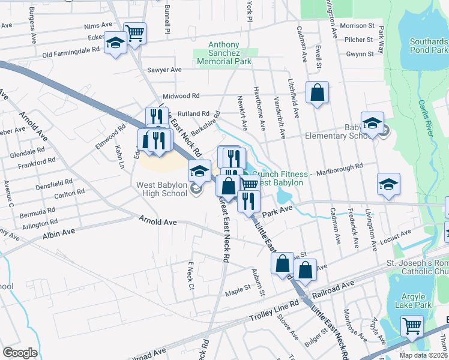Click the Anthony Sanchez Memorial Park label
(224, 53)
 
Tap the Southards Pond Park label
(429, 46)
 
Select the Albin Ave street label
(58, 231)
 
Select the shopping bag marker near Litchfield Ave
(317, 92)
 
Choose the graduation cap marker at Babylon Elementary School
(372, 124)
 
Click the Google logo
(20, 353)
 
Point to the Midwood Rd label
(181, 96)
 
